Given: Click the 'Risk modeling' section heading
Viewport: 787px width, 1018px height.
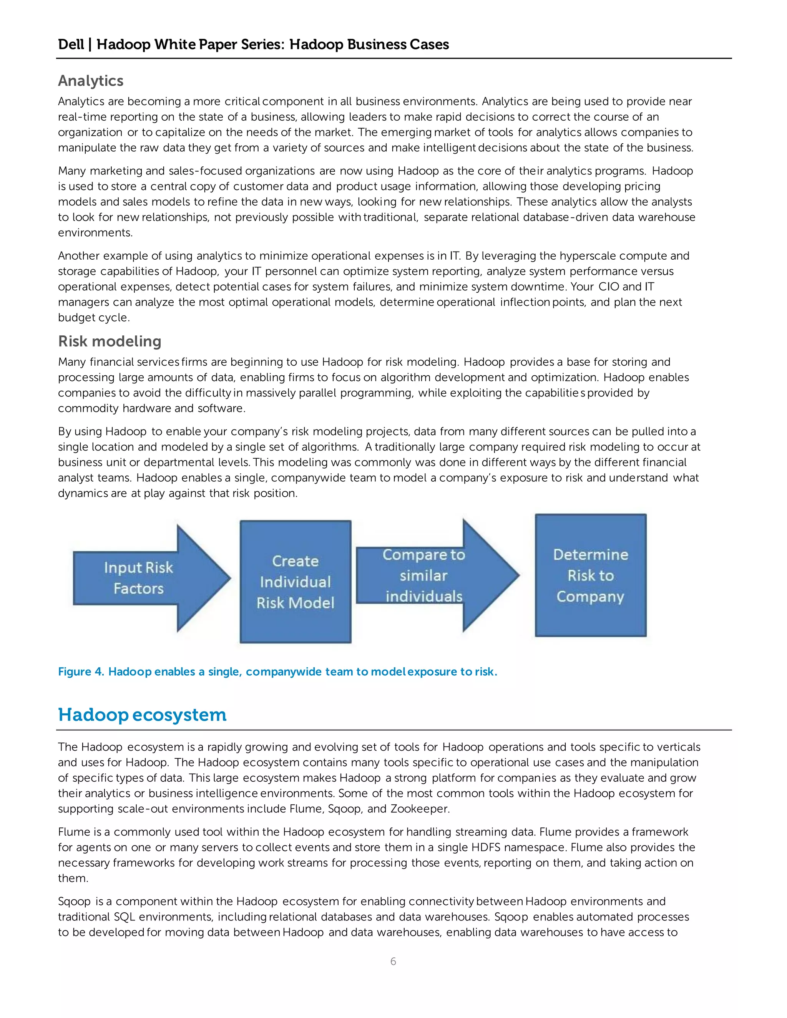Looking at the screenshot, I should coord(110,341).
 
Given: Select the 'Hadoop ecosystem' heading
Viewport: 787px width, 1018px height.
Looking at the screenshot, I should coord(142,715).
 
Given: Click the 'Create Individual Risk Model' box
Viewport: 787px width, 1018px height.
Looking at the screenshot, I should coord(295,581).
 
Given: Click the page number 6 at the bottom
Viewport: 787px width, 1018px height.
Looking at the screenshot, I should coord(393,961).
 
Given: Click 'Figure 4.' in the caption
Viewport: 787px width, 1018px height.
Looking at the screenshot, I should coord(81,671).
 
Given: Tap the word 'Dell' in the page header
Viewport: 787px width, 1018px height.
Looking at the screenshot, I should coord(71,44).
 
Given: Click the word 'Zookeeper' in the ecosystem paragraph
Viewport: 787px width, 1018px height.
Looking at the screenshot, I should coord(419,809).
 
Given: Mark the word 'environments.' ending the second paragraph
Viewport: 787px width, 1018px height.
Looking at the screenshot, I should coord(95,232).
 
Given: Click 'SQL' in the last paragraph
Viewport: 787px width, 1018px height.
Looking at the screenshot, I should coord(125,917).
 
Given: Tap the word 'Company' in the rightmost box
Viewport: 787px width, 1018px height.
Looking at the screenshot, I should coord(590,597).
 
